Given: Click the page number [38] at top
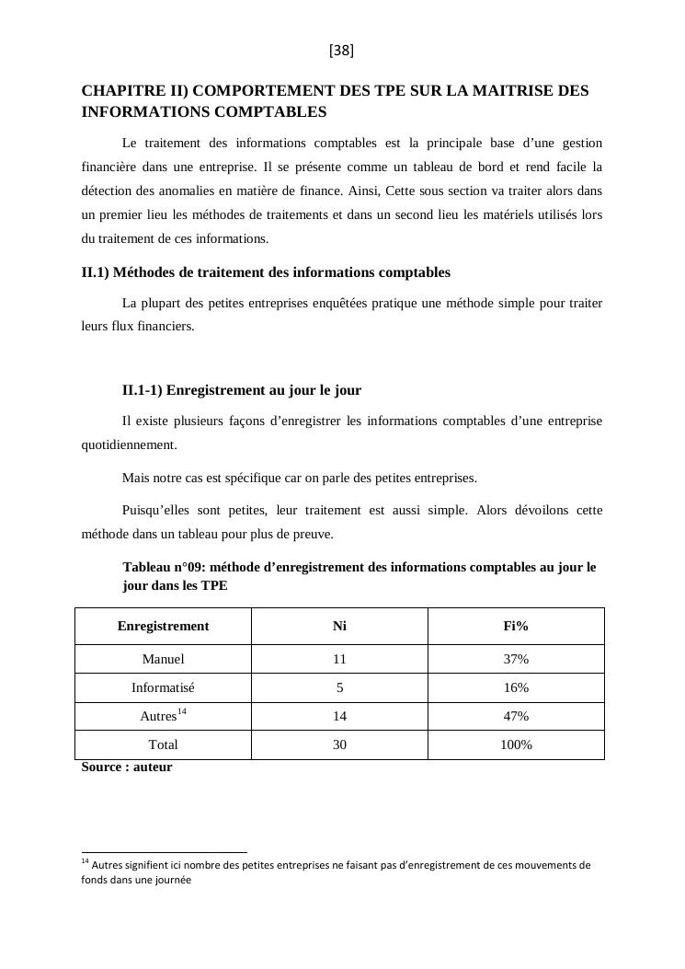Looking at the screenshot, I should (341, 52).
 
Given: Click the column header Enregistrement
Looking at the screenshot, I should (163, 626).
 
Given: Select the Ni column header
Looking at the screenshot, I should (339, 626).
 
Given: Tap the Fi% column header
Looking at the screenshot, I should (516, 626).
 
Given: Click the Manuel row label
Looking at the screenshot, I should (163, 659).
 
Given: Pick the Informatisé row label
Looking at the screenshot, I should (163, 687).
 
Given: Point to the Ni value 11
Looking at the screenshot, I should (339, 659).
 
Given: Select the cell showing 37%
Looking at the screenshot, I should (516, 659).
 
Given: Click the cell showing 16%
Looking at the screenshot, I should (516, 687).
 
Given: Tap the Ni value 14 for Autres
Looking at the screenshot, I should (339, 716).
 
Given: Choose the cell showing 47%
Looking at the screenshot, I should (516, 716).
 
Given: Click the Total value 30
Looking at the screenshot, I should (339, 744).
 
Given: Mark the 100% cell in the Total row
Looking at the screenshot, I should (516, 744).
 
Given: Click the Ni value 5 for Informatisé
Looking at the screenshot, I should (339, 687).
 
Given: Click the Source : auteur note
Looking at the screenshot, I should (127, 766).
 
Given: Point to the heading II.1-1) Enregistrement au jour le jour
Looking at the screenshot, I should (241, 390).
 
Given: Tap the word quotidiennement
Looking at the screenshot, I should (130, 444).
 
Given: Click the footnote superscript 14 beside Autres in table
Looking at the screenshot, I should (182, 711).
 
